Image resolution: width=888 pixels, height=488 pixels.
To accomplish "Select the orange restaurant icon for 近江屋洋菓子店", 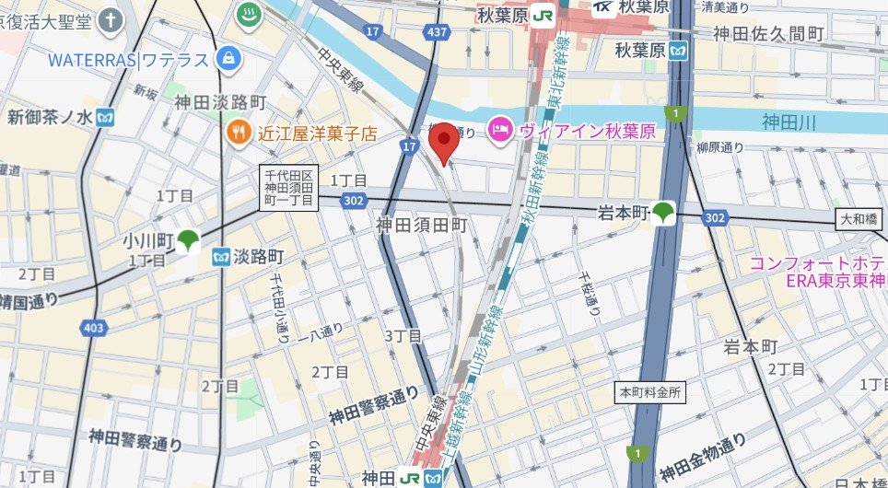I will tap(238, 133).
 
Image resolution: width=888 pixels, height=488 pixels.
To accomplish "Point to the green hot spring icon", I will tap(249, 15).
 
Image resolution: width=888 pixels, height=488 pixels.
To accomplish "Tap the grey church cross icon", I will tap(111, 18).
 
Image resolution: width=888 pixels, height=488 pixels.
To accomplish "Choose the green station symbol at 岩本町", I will tap(663, 213).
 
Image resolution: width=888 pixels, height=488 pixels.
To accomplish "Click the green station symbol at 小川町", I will tap(188, 241).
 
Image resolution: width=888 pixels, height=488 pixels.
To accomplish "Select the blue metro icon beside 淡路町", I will tap(221, 257).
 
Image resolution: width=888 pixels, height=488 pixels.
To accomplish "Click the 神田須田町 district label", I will tap(423, 224).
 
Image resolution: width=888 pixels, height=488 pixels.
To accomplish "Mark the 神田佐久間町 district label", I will tap(768, 34).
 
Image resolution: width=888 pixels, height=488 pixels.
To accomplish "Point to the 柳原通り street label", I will tap(720, 147).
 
